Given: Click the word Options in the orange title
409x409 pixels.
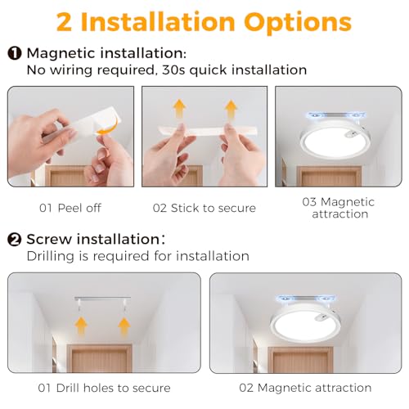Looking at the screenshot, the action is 298,23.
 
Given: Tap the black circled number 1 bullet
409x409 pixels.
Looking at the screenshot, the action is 15,53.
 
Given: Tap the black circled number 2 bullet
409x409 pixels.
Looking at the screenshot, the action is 15,240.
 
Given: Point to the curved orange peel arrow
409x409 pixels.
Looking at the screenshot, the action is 109,126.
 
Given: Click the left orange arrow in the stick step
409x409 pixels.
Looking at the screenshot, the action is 179,109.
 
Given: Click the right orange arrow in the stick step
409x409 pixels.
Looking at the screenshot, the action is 231,110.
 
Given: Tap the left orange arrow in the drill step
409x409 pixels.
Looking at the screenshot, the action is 81,326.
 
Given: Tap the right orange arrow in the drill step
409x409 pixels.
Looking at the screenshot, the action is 124,327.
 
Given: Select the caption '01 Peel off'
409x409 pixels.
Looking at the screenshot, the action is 70,208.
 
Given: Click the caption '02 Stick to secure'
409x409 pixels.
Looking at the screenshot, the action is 204,208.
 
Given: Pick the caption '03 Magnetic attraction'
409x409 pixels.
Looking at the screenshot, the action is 339,208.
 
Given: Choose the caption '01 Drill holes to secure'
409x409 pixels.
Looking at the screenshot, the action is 104,388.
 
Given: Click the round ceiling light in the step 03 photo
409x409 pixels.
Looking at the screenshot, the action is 335,139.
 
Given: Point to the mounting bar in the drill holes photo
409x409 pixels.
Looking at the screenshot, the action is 102,299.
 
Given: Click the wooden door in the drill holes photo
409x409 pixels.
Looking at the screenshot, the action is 100,358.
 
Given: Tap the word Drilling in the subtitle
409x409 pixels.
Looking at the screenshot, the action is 51,257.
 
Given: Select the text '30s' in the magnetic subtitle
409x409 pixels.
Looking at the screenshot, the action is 173,70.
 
